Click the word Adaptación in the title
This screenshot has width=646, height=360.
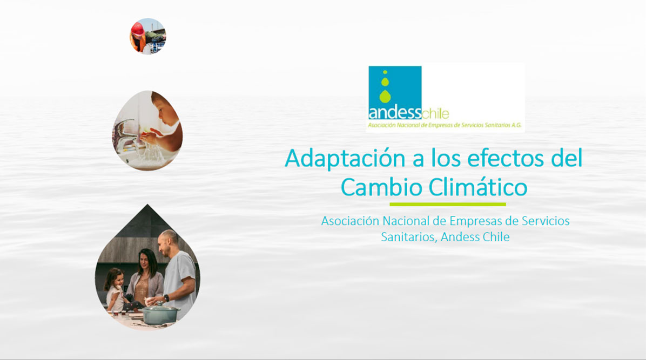(345, 159)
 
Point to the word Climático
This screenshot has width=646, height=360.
(478, 187)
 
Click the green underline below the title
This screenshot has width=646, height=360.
(448, 205)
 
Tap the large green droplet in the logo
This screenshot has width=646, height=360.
(385, 97)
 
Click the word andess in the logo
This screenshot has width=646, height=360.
(395, 113)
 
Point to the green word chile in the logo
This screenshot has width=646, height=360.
(435, 113)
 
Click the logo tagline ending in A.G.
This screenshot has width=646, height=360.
(445, 125)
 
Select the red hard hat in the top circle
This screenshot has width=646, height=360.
(138, 29)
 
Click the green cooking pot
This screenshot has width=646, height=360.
(160, 314)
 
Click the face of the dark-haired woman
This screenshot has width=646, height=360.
(147, 262)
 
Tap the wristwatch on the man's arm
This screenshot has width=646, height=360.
(166, 298)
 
